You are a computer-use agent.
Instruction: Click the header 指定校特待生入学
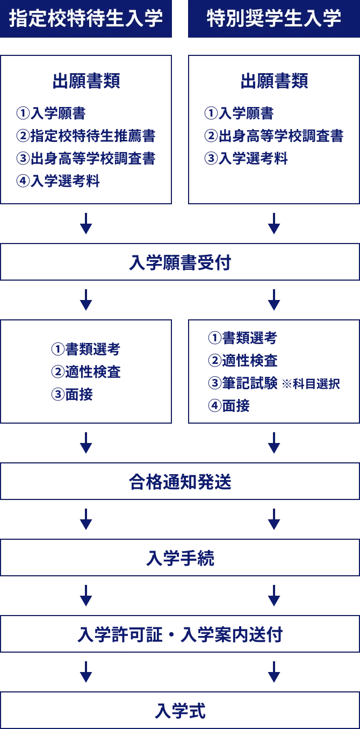point(86,18)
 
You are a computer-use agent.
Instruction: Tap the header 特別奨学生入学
point(273,18)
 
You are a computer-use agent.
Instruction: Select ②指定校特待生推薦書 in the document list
point(85,136)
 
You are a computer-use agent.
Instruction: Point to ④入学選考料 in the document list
point(58,181)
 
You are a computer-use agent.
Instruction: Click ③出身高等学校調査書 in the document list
point(85,159)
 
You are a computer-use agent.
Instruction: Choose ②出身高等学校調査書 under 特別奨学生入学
point(273,136)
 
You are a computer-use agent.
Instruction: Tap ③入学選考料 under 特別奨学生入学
point(246,159)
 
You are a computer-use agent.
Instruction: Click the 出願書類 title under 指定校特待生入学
point(86,81)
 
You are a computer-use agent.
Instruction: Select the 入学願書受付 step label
point(180,263)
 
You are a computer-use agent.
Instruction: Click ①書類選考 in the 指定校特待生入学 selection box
point(85,349)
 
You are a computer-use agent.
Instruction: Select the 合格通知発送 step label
point(180,482)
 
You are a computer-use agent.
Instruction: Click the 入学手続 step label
point(180,559)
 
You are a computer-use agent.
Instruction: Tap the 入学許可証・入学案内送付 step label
point(180,635)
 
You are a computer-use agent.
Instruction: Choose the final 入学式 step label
point(180,711)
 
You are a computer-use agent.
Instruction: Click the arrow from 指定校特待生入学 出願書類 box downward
point(86,223)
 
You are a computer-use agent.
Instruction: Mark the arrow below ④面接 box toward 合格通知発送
point(274,442)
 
